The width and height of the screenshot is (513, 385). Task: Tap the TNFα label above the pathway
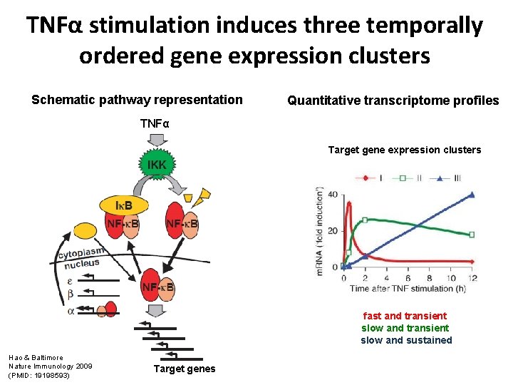155,124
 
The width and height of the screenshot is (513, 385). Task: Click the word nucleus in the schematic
83,265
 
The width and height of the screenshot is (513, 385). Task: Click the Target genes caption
185,369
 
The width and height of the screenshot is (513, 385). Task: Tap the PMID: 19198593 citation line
39,374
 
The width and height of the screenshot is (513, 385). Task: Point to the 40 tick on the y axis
333,195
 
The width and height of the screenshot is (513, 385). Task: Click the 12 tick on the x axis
472,277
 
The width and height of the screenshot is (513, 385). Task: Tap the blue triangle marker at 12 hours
472,195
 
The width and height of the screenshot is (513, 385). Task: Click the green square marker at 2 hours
365,220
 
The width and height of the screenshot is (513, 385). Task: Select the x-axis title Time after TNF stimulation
412,288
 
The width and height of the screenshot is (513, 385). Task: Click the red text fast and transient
405,316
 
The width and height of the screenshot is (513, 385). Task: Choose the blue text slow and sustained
406,340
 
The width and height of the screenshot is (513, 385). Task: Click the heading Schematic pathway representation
138,100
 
